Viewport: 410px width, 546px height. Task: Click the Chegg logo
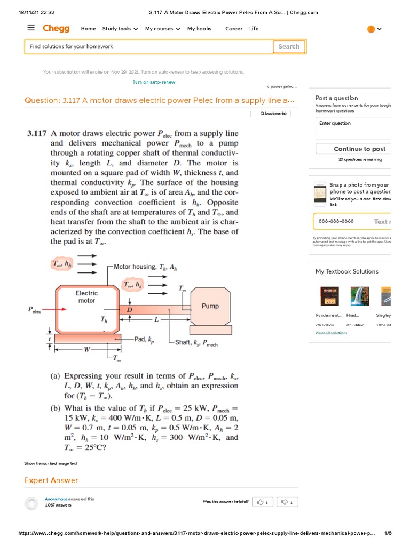[x=57, y=29]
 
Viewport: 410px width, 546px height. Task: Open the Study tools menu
[x=120, y=29]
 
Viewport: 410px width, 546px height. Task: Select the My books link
[x=199, y=29]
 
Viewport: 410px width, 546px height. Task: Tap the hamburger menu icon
[x=31, y=28]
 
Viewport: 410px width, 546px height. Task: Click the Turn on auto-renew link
[x=154, y=82]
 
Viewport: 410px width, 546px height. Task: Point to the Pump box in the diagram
[x=210, y=306]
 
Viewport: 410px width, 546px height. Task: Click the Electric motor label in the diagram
[x=86, y=296]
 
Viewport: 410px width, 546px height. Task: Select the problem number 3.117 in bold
[x=37, y=134]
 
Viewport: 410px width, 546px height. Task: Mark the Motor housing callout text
[x=146, y=267]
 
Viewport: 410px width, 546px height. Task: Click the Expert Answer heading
[x=51, y=480]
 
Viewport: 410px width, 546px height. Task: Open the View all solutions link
[x=331, y=333]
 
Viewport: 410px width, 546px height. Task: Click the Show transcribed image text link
[x=51, y=463]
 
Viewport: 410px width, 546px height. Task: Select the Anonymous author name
[x=56, y=499]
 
